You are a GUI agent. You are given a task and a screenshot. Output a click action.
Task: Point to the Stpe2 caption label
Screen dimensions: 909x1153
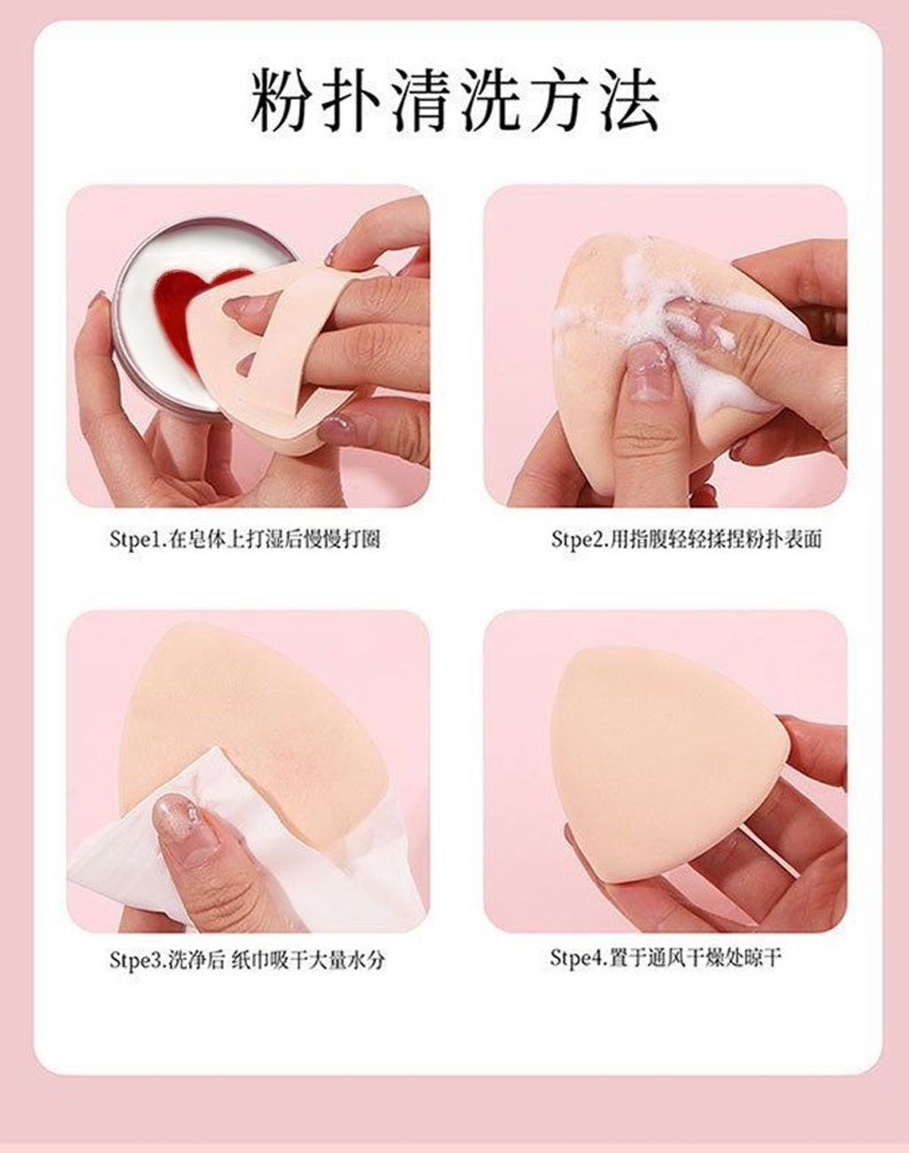coord(686,539)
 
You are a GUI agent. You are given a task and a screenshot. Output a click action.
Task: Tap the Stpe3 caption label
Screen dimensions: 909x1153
coord(247,960)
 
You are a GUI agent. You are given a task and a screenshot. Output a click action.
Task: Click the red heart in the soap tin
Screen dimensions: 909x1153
coord(179,300)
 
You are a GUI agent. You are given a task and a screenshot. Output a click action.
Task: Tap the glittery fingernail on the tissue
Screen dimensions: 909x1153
coord(178,826)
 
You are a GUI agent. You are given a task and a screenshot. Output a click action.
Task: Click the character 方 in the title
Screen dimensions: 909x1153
coord(558,100)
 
